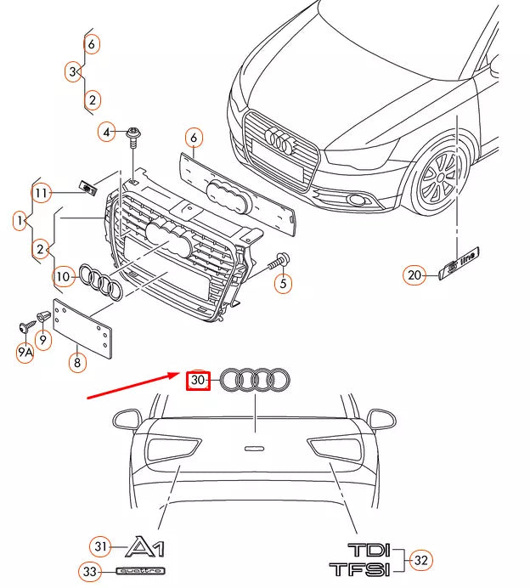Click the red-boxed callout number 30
[198, 381]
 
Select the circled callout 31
[100, 546]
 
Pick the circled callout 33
[90, 571]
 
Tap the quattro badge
[139, 571]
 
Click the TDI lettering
[367, 549]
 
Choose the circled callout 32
[420, 559]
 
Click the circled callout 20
[414, 274]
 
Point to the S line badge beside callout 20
[460, 262]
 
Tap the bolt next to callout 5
[279, 260]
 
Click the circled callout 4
[107, 132]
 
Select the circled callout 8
[76, 362]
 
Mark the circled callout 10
[64, 275]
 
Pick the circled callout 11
[42, 193]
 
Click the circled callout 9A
[24, 351]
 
